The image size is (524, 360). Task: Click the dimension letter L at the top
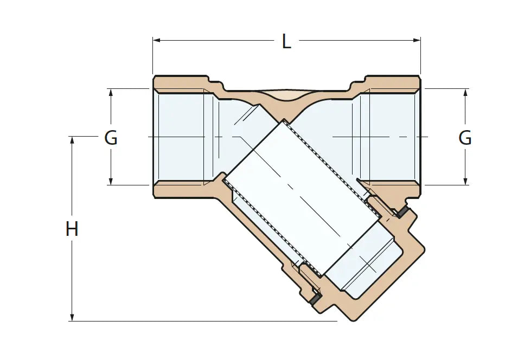pyautogui.click(x=286, y=41)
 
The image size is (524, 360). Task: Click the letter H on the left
pyautogui.click(x=72, y=229)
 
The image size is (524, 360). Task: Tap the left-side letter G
pyautogui.click(x=111, y=137)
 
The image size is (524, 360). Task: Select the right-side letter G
pyautogui.click(x=465, y=137)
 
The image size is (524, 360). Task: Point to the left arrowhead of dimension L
pyautogui.click(x=157, y=41)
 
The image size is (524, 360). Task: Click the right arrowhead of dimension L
pyautogui.click(x=417, y=41)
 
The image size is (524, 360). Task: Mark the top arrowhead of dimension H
pyautogui.click(x=72, y=140)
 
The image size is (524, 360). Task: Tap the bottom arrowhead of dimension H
pyautogui.click(x=72, y=317)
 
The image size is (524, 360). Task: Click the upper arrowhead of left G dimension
pyautogui.click(x=111, y=93)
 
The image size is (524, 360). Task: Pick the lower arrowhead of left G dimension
pyautogui.click(x=111, y=181)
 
